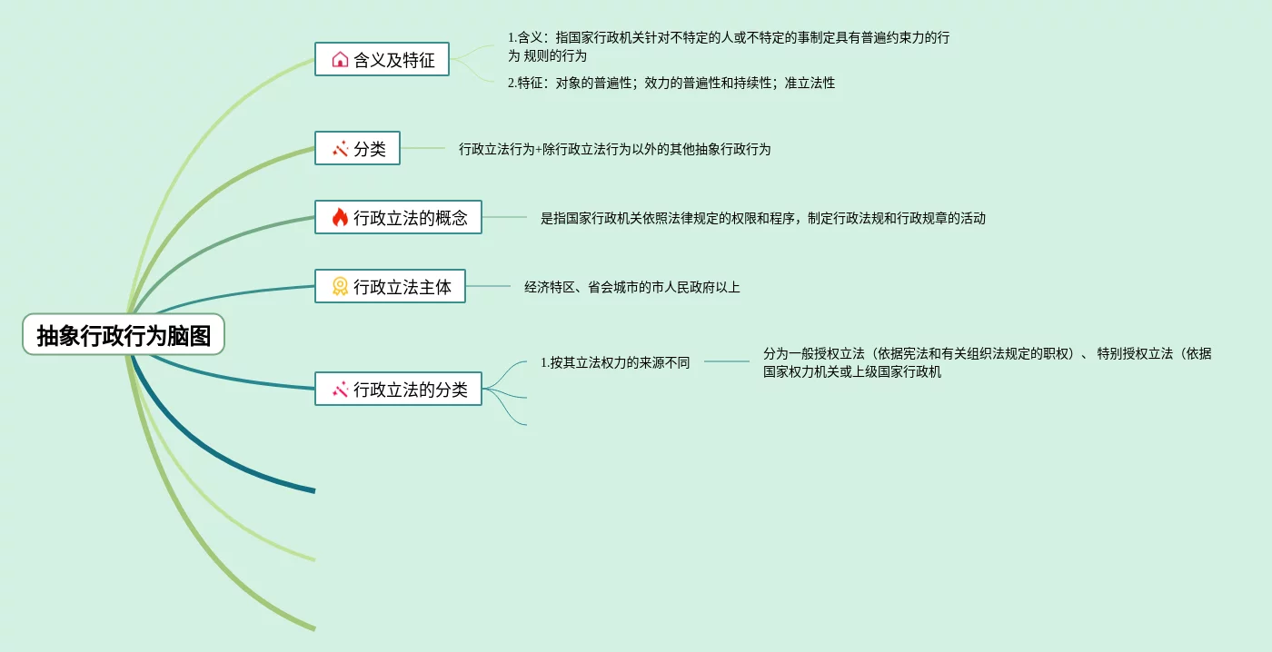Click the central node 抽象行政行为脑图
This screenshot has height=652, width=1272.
point(124,336)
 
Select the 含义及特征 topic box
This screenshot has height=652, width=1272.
point(382,60)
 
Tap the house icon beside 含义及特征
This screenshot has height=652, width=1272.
point(340,60)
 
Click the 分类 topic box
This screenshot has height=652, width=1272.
point(357,149)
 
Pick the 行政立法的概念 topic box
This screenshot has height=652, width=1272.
point(398,218)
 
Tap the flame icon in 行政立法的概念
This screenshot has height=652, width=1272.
point(340,218)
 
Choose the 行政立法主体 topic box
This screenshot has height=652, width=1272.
point(390,287)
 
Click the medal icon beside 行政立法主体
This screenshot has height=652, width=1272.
point(340,287)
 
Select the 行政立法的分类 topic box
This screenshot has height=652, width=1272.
point(398,390)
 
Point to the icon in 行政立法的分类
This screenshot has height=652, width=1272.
point(340,390)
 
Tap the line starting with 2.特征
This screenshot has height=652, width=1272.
point(671,83)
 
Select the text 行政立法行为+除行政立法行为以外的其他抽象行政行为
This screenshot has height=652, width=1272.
point(614,149)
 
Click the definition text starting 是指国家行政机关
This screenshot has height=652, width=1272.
point(762,218)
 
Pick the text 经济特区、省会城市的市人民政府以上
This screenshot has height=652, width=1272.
point(631,287)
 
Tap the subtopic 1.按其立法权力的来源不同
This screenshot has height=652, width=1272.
point(615,362)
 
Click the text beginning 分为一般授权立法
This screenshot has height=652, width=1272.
point(987,362)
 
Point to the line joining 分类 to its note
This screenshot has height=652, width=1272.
point(422,149)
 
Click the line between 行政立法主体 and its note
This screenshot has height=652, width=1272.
point(489,287)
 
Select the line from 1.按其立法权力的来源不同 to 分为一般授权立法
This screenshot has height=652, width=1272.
point(726,362)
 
